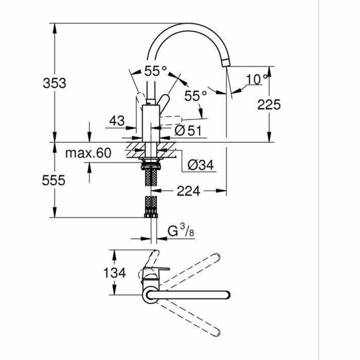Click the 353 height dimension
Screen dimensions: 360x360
(54, 83)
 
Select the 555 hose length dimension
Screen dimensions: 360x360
(54, 181)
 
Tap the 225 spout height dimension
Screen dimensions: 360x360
(269, 104)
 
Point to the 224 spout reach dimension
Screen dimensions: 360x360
(189, 191)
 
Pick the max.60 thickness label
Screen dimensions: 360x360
(88, 153)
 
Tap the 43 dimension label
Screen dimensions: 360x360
(117, 121)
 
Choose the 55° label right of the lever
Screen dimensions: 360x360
(195, 96)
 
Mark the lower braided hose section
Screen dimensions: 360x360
(151, 207)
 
